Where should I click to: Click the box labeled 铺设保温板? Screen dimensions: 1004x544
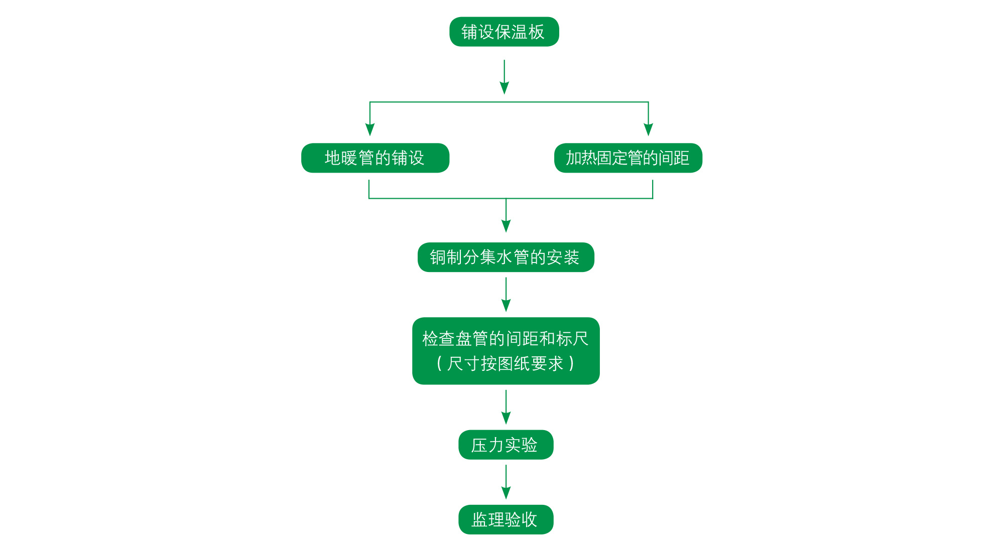(x=504, y=32)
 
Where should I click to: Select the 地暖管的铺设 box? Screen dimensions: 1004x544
(x=375, y=158)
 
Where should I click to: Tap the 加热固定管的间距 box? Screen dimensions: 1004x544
(x=628, y=158)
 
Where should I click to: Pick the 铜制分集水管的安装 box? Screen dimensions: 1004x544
(x=506, y=257)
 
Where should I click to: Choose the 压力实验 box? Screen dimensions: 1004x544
(x=506, y=445)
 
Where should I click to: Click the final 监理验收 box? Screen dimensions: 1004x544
(x=506, y=519)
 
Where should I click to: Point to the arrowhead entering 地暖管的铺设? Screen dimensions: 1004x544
(x=370, y=129)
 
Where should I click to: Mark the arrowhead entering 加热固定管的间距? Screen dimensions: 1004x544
(x=648, y=129)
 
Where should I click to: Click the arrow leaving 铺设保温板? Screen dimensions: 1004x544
(x=505, y=77)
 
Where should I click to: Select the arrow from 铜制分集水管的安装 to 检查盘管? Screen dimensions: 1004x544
(x=506, y=295)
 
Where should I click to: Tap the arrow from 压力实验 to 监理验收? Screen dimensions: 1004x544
(x=506, y=482)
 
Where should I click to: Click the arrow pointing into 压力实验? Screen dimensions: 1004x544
(x=506, y=407)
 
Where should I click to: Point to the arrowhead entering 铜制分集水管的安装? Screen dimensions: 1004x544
(x=506, y=226)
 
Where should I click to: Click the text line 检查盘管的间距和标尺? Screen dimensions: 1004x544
(x=505, y=339)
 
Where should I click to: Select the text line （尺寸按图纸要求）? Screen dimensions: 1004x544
(x=505, y=363)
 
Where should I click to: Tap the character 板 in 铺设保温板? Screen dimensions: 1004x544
(x=536, y=32)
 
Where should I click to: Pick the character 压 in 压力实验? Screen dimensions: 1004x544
(x=479, y=445)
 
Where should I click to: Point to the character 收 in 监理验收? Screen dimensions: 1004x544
(x=529, y=519)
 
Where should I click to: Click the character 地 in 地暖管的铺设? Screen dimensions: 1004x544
(x=333, y=158)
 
